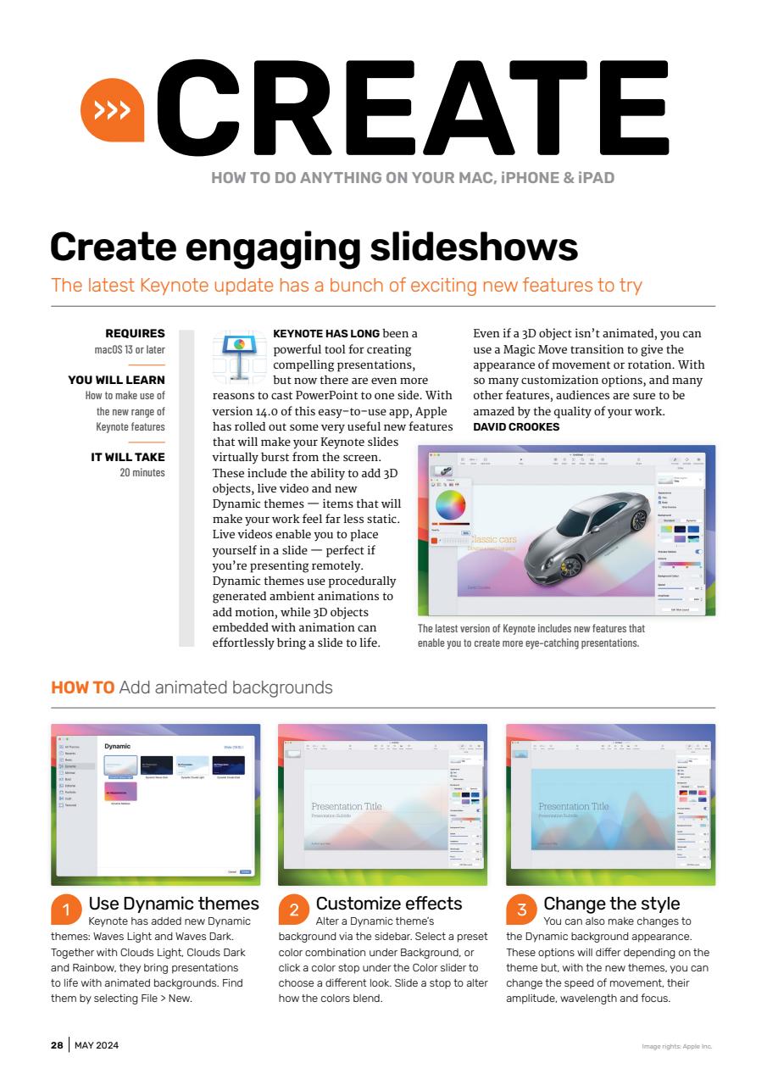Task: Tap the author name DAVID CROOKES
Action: coord(516,427)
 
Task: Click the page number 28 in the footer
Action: coord(56,1045)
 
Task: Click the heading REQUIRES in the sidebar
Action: coord(135,334)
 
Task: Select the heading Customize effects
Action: coord(389,903)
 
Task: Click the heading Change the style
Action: coord(611,903)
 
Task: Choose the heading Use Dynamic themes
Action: coord(174,903)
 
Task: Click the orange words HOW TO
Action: coord(83,687)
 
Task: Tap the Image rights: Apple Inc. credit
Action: coord(677,1046)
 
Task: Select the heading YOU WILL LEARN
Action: coord(116,380)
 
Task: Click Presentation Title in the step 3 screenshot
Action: coord(574,806)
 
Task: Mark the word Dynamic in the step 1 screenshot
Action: coord(117,746)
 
